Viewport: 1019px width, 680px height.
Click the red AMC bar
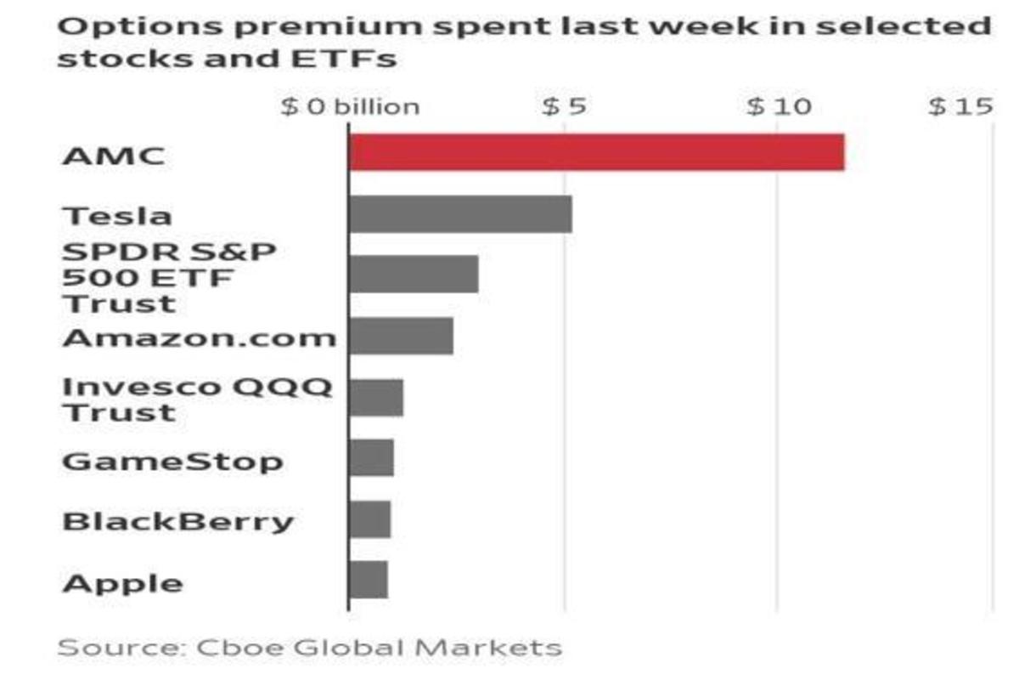[596, 152]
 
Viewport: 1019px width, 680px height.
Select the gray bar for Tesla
[459, 213]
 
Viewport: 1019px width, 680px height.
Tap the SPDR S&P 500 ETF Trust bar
[413, 274]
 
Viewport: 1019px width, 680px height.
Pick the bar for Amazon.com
[400, 336]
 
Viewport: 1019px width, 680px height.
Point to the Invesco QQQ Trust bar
[375, 397]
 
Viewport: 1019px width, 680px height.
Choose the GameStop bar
[370, 458]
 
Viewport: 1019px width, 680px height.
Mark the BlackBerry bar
[369, 518]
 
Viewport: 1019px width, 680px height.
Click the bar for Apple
[368, 580]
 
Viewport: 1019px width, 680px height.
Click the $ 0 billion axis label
[351, 107]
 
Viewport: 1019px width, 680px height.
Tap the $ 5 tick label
[564, 107]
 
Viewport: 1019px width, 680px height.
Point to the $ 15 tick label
[960, 107]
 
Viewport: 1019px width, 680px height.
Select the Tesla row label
[118, 215]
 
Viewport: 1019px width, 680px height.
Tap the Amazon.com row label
[200, 337]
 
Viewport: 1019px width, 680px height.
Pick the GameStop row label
[172, 462]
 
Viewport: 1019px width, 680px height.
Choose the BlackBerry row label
[177, 520]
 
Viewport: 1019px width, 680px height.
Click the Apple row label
[122, 583]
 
